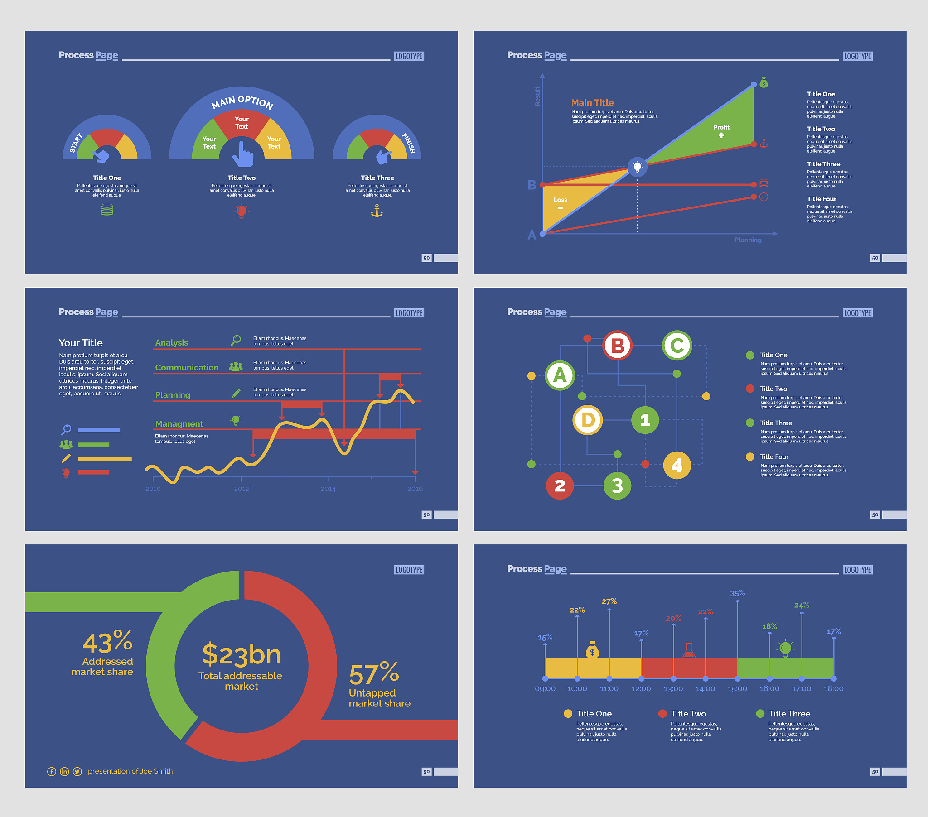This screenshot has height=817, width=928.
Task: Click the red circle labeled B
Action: tap(618, 346)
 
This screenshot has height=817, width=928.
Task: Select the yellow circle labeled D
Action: tap(588, 420)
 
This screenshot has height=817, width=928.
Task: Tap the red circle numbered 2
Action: tap(560, 485)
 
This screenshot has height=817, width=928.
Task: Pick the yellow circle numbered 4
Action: tap(677, 465)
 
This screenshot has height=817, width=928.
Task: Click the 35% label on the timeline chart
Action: tap(737, 593)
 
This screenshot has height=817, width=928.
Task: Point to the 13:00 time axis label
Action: tap(673, 688)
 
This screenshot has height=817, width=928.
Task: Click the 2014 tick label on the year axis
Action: tap(328, 489)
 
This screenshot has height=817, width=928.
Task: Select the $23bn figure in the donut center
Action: tap(241, 654)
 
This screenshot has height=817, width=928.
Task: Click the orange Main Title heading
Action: tap(592, 103)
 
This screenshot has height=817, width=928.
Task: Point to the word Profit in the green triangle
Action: tap(721, 127)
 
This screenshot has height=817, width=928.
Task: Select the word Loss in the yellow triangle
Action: tap(560, 200)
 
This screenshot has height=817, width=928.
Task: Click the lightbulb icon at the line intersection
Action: tap(638, 167)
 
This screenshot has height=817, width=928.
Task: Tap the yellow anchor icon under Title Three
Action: tap(377, 211)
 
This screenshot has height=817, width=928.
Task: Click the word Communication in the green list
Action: tap(187, 368)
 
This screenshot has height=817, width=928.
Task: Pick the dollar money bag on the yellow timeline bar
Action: tap(592, 650)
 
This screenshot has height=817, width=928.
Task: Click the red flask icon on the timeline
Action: tap(689, 651)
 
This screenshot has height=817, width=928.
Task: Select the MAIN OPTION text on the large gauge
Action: tap(242, 102)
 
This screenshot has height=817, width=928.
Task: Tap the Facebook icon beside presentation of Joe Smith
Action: tap(52, 772)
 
